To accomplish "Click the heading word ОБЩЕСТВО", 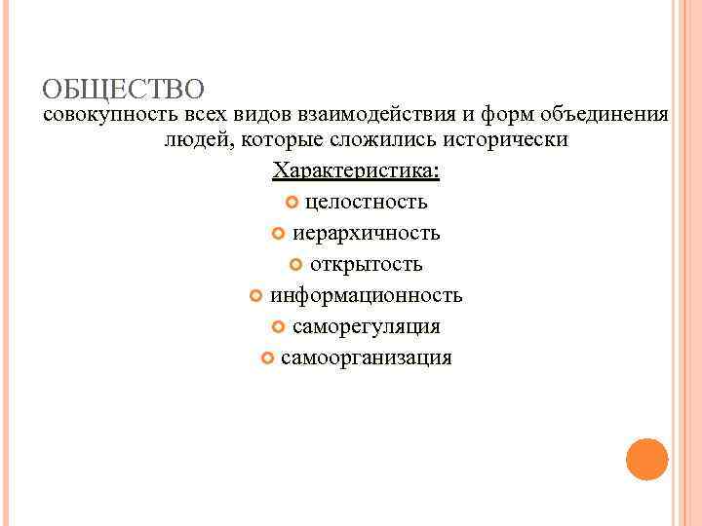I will [123, 91].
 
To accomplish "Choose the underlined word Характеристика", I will [356, 171].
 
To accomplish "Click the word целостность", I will [366, 203].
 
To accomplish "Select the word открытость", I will [367, 264].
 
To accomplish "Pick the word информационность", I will [367, 295].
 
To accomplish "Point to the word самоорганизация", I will [367, 357].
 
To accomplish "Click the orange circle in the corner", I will [646, 459].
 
